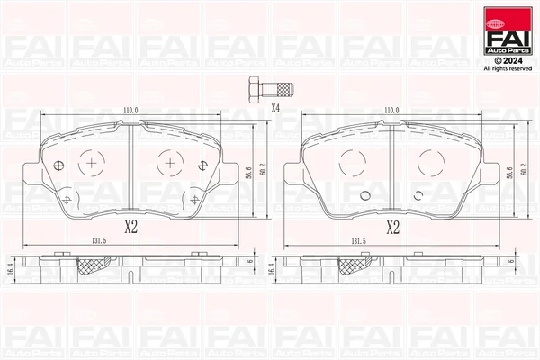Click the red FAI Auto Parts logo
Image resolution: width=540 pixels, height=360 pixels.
tap(508, 31)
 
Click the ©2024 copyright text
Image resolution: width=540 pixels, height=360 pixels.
tap(508, 61)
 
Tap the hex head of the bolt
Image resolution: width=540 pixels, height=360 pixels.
tap(254, 90)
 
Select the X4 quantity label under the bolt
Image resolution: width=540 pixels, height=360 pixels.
tap(275, 109)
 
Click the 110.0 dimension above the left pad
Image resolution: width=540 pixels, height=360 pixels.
tap(130, 110)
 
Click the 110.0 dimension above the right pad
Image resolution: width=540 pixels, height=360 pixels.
tap(391, 110)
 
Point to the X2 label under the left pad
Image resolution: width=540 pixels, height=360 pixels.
tap(130, 227)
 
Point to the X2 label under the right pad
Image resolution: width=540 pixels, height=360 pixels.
tap(392, 227)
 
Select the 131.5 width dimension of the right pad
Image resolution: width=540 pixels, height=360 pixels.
tap(358, 241)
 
